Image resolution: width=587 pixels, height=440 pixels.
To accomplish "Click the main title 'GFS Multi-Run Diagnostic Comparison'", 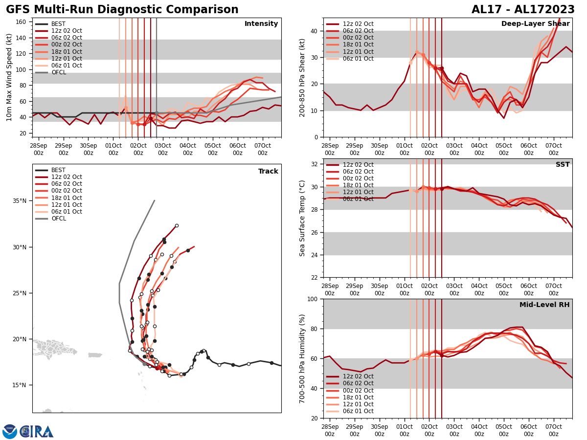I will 122,10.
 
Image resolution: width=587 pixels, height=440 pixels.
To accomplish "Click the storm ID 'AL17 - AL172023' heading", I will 523,10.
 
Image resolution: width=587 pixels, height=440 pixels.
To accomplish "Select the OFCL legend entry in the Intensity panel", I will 58,72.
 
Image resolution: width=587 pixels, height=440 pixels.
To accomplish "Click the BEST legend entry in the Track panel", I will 58,170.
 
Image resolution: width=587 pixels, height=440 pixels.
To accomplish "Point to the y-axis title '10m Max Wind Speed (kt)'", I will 9,77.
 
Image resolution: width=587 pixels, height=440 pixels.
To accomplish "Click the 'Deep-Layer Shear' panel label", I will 535,24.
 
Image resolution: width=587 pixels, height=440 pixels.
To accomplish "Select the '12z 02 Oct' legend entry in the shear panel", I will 358,24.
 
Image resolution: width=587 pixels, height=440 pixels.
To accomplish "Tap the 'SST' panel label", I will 562,165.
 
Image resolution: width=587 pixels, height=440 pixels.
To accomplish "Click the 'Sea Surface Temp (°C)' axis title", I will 302,218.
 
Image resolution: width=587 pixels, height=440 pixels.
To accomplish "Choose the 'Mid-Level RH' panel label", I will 544,305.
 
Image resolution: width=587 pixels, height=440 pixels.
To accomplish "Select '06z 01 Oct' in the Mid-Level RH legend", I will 358,411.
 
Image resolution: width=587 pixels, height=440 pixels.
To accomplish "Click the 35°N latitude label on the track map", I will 20,201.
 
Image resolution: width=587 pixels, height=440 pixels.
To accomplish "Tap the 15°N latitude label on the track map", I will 20,385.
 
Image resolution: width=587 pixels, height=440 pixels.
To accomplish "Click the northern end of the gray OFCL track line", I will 155,200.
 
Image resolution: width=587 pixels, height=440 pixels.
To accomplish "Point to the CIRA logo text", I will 37,432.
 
